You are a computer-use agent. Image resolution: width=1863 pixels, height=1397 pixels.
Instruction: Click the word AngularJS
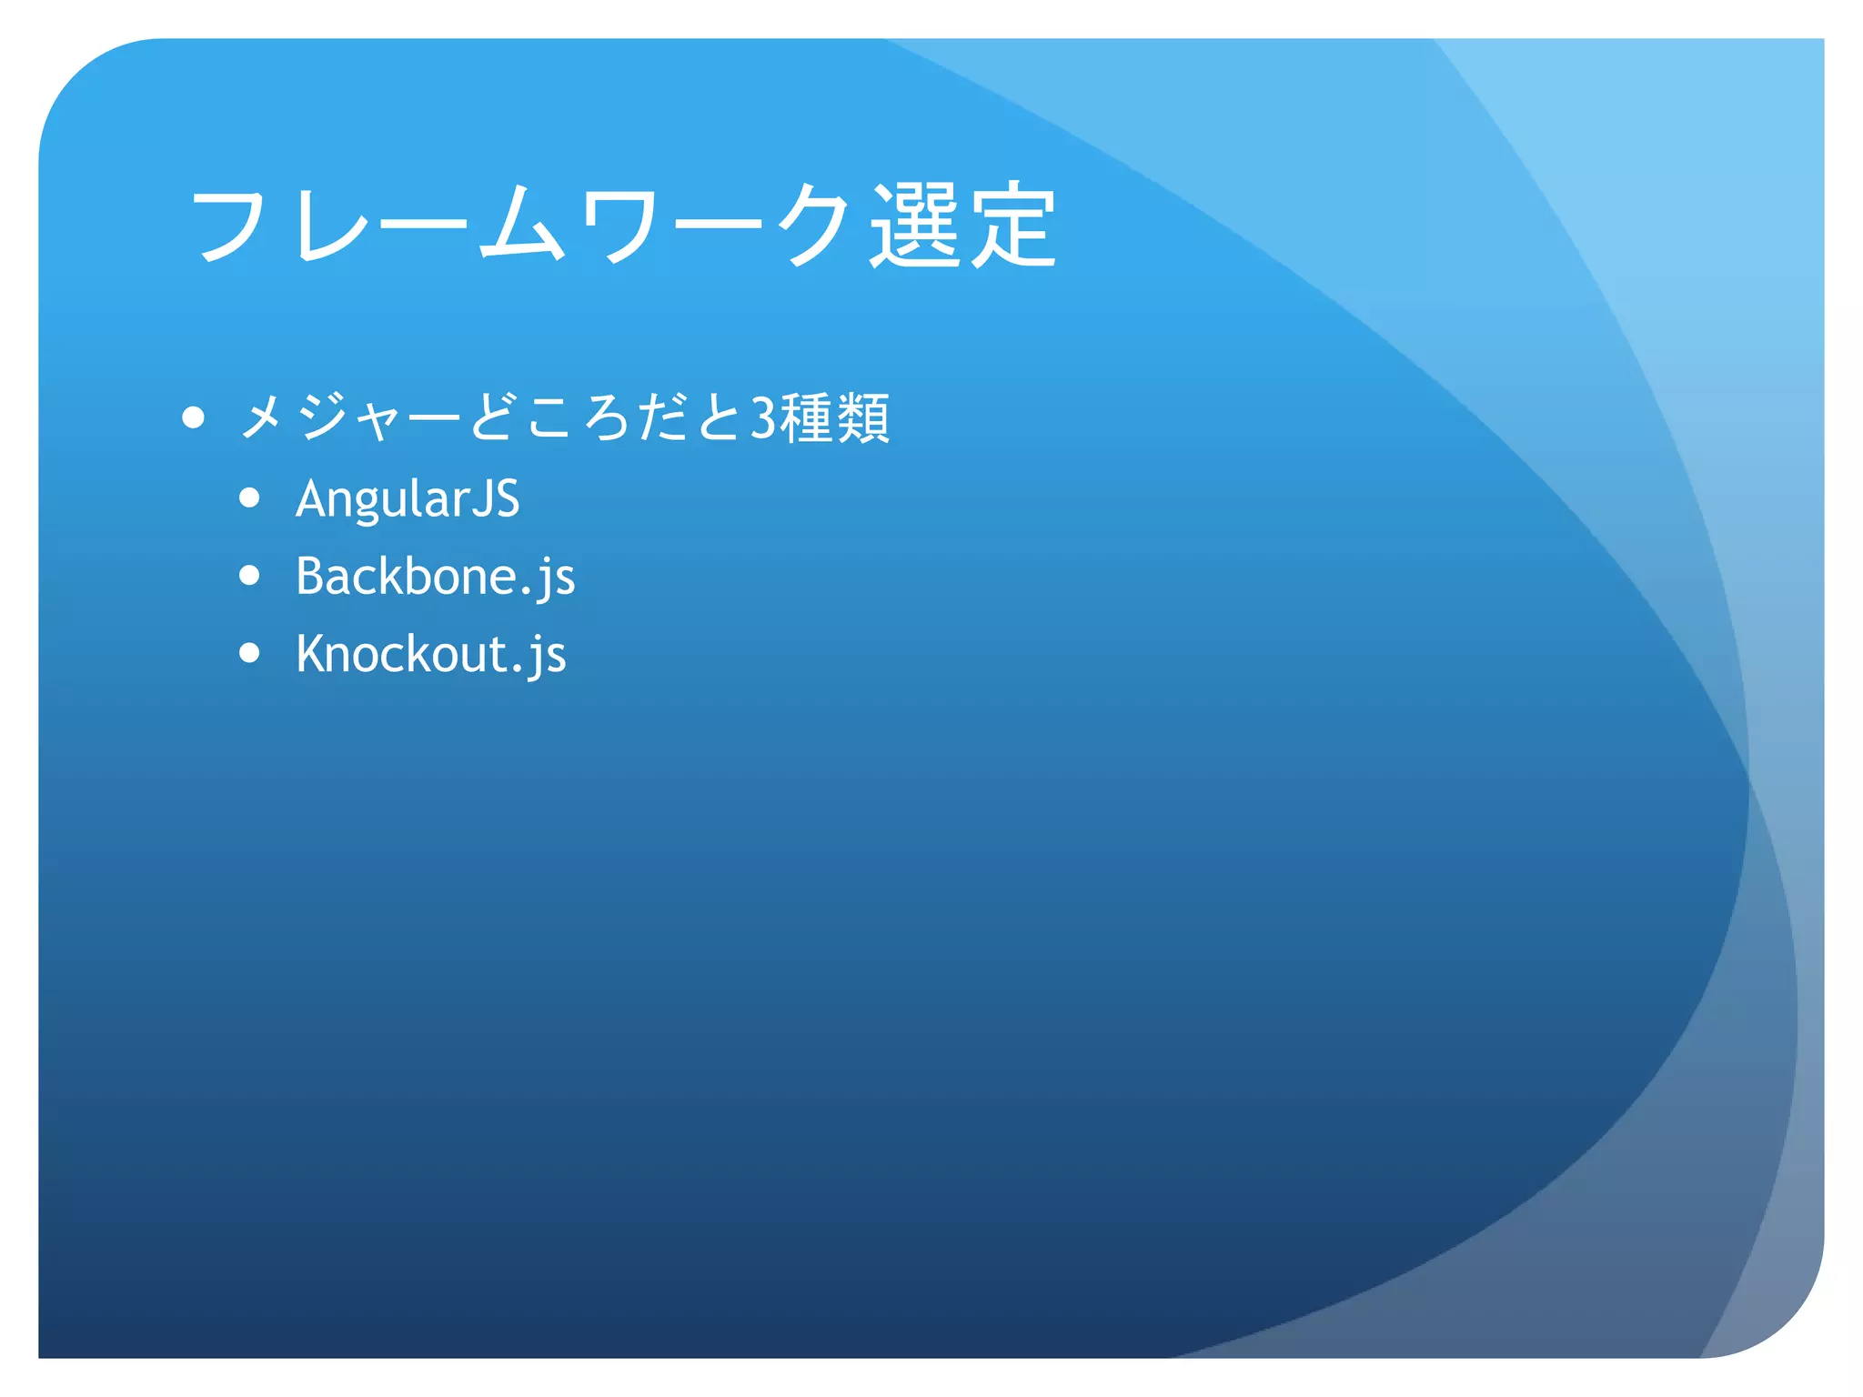click(x=408, y=499)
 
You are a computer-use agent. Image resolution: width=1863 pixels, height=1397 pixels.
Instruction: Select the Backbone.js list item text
click(x=435, y=577)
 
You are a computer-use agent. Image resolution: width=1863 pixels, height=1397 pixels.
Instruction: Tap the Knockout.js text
click(x=430, y=654)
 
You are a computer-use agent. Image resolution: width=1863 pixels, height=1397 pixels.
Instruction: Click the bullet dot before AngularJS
click(x=249, y=498)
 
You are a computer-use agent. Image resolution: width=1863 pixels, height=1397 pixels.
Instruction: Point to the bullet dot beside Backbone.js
click(x=249, y=576)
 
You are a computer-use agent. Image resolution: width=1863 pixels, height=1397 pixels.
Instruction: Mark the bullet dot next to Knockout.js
click(x=249, y=653)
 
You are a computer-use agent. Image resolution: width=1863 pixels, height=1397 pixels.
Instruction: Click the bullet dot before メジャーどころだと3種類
click(x=193, y=417)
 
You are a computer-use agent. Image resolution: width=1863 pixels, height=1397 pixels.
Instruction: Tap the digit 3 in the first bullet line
click(x=762, y=418)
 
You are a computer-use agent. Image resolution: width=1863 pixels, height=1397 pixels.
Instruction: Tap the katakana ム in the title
click(x=520, y=225)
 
